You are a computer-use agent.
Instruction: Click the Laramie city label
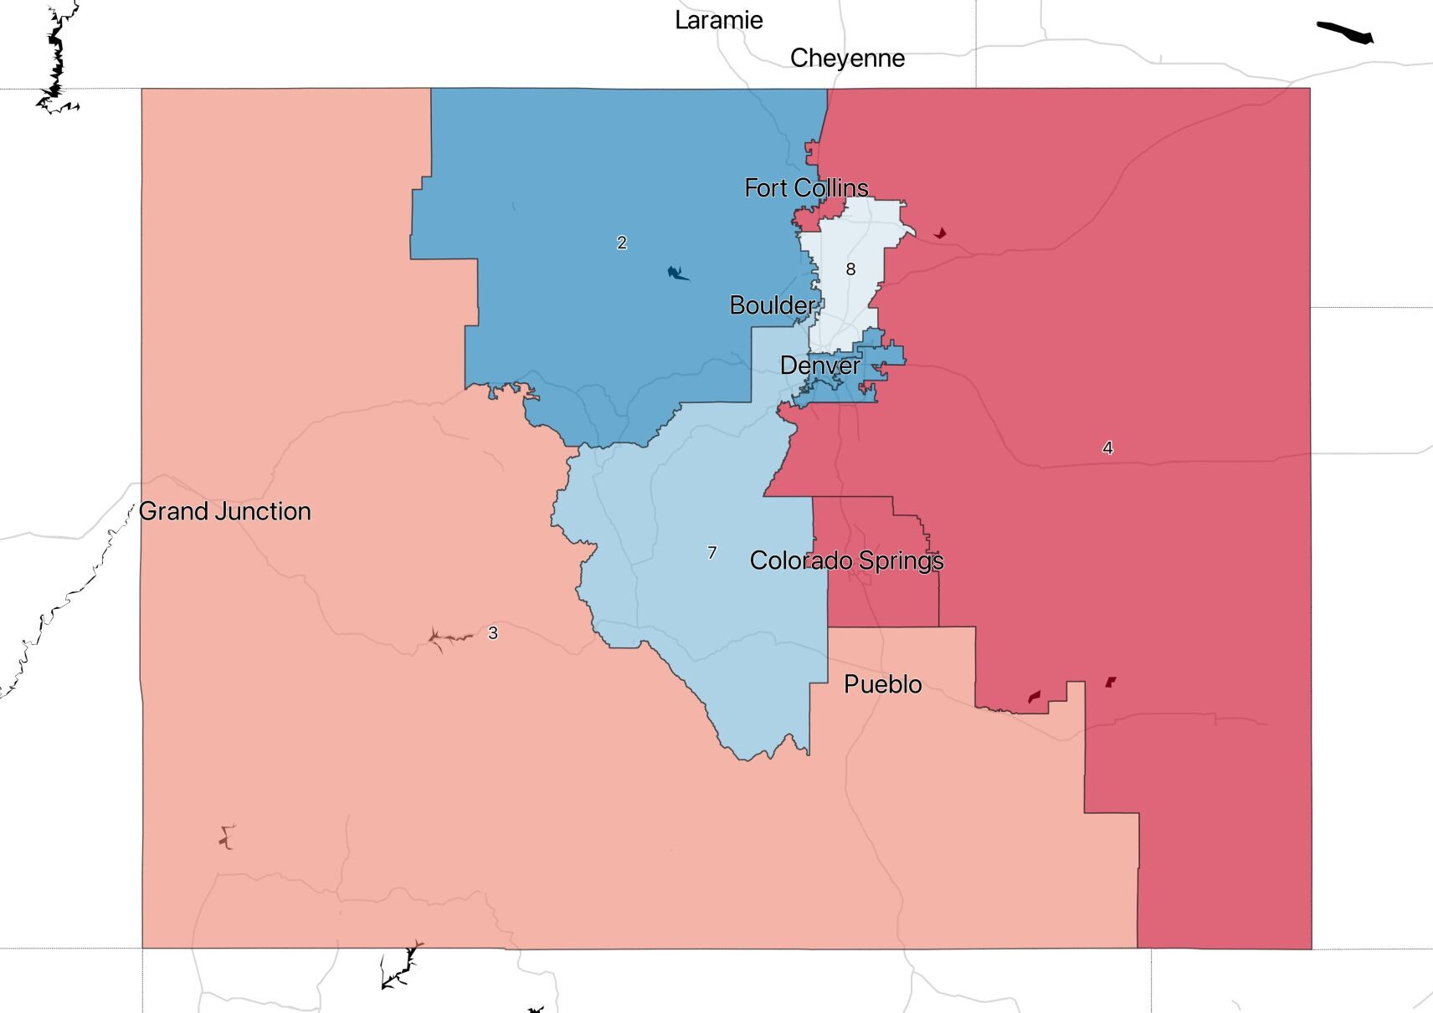pos(718,20)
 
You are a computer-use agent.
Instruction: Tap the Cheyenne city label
pos(847,58)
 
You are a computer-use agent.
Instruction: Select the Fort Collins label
pos(806,187)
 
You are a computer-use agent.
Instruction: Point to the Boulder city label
pos(772,304)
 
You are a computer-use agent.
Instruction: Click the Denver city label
pos(819,365)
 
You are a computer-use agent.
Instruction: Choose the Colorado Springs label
pos(846,560)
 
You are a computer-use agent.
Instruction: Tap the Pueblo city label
pos(882,683)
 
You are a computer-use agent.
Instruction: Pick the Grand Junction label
pos(224,510)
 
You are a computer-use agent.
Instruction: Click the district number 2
pos(621,243)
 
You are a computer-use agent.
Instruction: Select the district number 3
pos(493,633)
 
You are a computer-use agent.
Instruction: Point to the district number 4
pos(1107,448)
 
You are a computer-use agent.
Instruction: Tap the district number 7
pos(711,552)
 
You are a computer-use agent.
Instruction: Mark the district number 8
pos(850,269)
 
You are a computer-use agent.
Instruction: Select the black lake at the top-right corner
pos(1344,33)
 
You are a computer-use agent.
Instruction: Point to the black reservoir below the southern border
pos(400,968)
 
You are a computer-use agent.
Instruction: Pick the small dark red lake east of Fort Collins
pos(941,233)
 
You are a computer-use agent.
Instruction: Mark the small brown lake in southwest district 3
pos(226,836)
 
